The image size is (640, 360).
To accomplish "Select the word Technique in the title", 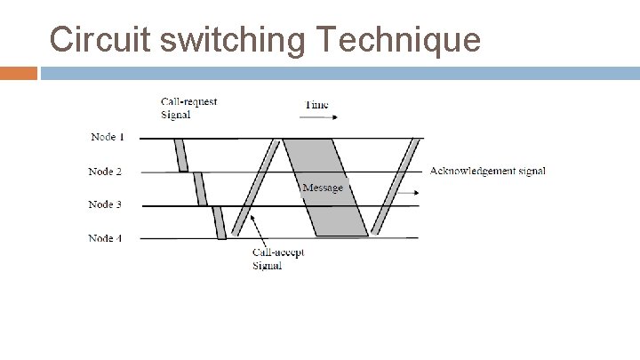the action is tap(398, 40).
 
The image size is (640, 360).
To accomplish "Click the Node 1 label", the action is tap(108, 137).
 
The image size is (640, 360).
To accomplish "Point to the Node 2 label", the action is tap(105, 171).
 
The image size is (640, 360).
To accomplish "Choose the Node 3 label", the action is tap(105, 204).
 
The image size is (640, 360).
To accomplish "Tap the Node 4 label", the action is tap(105, 238).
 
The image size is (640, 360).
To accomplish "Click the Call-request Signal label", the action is tap(188, 108).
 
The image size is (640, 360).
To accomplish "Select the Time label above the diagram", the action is tap(316, 105).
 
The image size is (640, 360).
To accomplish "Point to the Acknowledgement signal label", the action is tap(487, 171).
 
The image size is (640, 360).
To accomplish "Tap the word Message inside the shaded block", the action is tap(322, 188).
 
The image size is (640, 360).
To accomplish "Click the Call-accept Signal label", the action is tap(278, 259).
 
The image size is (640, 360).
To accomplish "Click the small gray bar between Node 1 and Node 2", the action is tap(181, 155).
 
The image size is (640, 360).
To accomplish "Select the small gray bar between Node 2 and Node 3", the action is tap(200, 188).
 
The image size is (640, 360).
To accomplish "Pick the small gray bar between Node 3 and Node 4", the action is tap(220, 221).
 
